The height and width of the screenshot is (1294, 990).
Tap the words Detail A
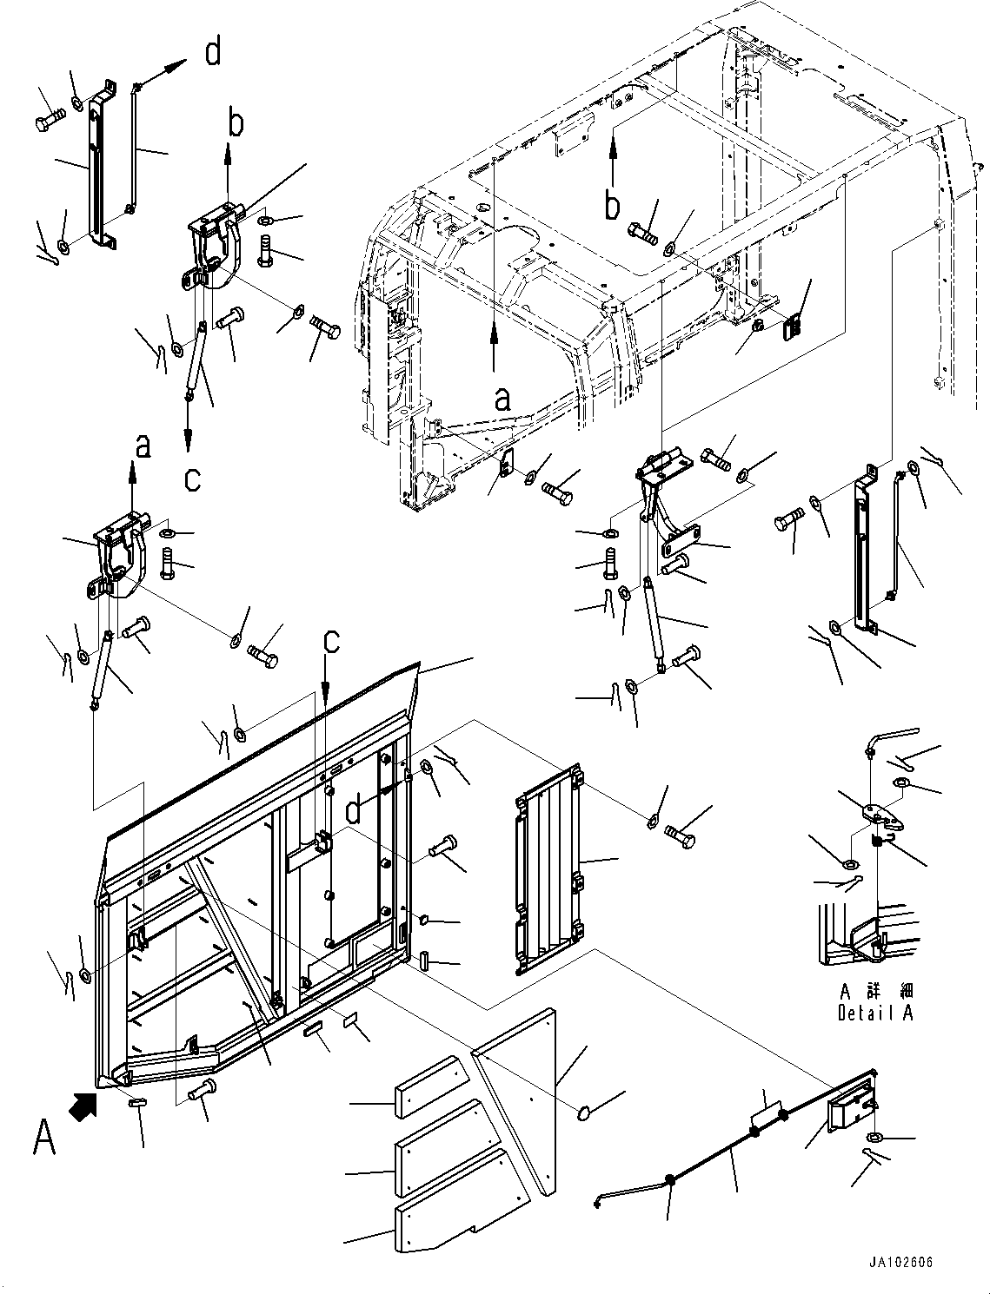[875, 1013]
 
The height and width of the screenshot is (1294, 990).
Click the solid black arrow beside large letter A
[83, 1107]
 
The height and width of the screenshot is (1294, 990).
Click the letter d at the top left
[213, 53]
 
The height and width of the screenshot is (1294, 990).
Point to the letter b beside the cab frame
[613, 206]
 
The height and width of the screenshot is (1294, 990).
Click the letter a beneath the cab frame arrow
[502, 399]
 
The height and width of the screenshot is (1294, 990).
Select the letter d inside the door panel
[353, 810]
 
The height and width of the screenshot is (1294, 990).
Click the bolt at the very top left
[49, 121]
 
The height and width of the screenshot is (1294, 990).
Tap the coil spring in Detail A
[879, 842]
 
